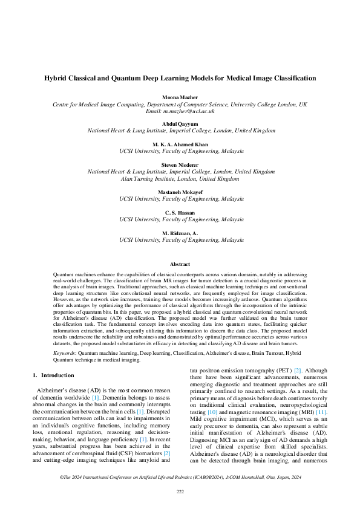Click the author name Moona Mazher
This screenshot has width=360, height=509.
pyautogui.click(x=180, y=97)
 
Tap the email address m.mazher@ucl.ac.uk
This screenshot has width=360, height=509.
pyautogui.click(x=192, y=111)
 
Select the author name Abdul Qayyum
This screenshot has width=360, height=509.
pyautogui.click(x=180, y=123)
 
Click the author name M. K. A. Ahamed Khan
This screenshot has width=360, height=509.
pyautogui.click(x=180, y=144)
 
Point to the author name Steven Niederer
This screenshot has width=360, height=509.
pyautogui.click(x=180, y=164)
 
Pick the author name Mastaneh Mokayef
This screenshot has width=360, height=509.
pyautogui.click(x=180, y=192)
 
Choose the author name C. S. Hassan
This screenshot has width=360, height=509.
pyautogui.click(x=180, y=212)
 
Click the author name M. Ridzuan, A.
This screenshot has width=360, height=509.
pyautogui.click(x=180, y=233)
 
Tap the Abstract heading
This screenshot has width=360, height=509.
pyautogui.click(x=180, y=264)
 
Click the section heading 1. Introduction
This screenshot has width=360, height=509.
pyautogui.click(x=53, y=375)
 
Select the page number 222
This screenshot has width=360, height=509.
pyautogui.click(x=180, y=491)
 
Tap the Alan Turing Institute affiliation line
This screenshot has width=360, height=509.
pyautogui.click(x=180, y=179)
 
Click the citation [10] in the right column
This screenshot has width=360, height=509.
pyautogui.click(x=213, y=412)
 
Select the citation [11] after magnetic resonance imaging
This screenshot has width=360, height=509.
pyautogui.click(x=321, y=412)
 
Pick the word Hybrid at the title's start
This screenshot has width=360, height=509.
pyautogui.click(x=56, y=78)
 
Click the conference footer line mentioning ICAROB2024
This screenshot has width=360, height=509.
pyautogui.click(x=180, y=477)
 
